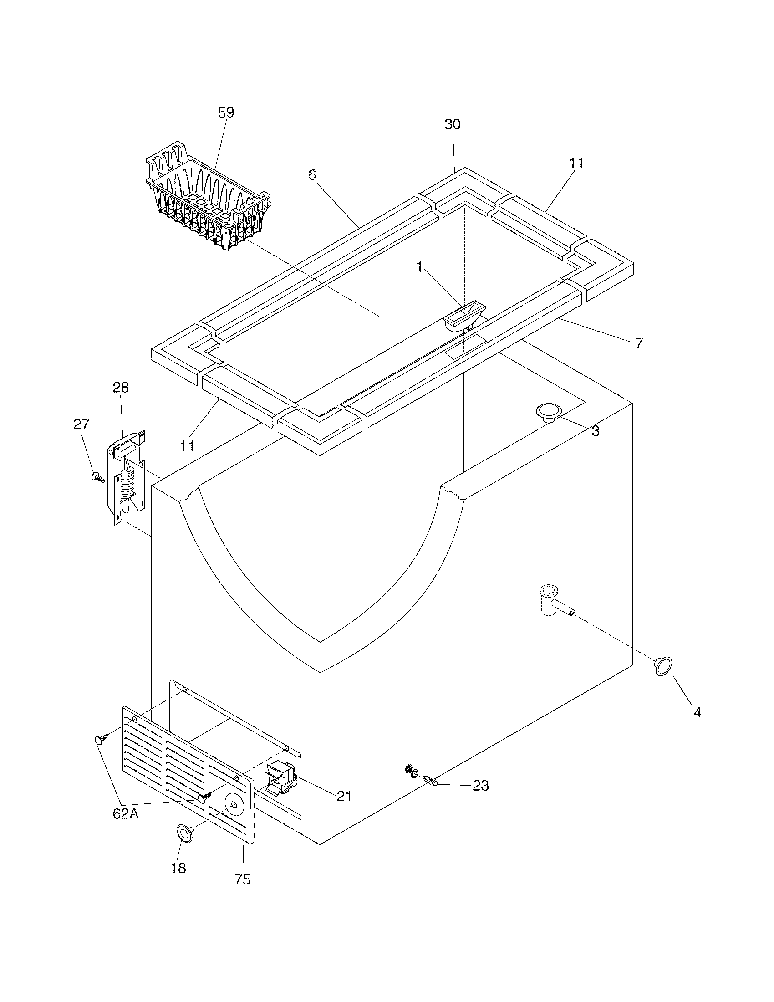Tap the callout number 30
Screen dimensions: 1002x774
coord(452,124)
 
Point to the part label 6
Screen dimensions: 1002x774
coord(312,175)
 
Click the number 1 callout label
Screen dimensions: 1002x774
coord(419,267)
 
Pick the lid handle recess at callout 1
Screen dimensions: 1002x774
coord(462,316)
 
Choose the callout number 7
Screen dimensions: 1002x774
coord(639,343)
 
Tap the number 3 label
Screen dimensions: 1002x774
coord(595,431)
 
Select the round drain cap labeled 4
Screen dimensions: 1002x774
coord(663,666)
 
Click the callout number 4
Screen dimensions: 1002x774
coord(697,712)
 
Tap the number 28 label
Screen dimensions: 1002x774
coord(121,388)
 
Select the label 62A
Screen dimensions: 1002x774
coord(126,813)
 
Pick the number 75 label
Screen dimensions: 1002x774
coord(242,879)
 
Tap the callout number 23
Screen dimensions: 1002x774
coord(480,786)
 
